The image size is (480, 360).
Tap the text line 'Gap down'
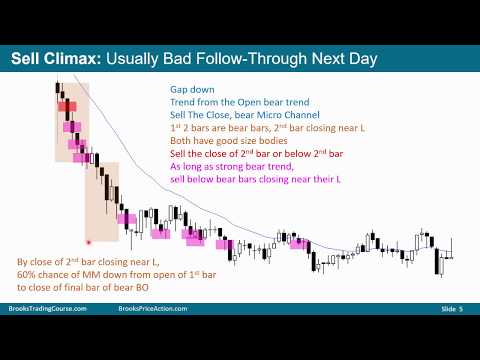tap(193, 89)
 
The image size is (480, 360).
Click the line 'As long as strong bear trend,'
tap(240, 170)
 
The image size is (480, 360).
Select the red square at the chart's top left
tap(64, 105)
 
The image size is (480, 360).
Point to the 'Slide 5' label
tap(449, 338)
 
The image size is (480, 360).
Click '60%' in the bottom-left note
tap(26, 276)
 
